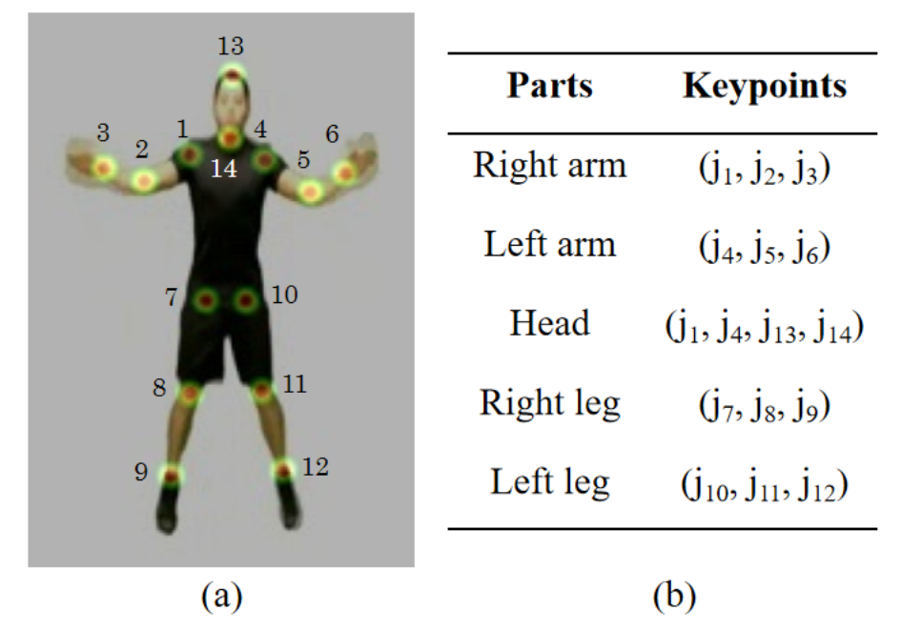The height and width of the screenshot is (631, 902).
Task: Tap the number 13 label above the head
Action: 231,45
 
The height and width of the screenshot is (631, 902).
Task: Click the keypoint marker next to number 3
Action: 105,169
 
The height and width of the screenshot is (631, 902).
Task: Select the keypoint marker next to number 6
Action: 344,173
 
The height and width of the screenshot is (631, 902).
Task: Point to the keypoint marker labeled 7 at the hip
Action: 205,301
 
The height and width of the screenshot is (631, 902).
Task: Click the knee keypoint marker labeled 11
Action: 262,390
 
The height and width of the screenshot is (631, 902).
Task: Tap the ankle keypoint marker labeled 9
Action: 171,475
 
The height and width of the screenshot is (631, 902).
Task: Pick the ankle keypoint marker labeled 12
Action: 283,470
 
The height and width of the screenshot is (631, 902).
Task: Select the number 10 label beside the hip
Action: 284,296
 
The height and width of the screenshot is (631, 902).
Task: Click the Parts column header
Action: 549,86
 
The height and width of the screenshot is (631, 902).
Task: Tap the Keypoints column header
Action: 765,86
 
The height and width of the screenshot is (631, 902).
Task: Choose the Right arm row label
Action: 549,166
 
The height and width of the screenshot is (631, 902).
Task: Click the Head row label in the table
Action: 549,323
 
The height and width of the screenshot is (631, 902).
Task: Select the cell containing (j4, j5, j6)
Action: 765,246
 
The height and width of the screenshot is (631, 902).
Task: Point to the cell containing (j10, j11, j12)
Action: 765,483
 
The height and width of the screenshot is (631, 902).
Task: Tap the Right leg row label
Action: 549,403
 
